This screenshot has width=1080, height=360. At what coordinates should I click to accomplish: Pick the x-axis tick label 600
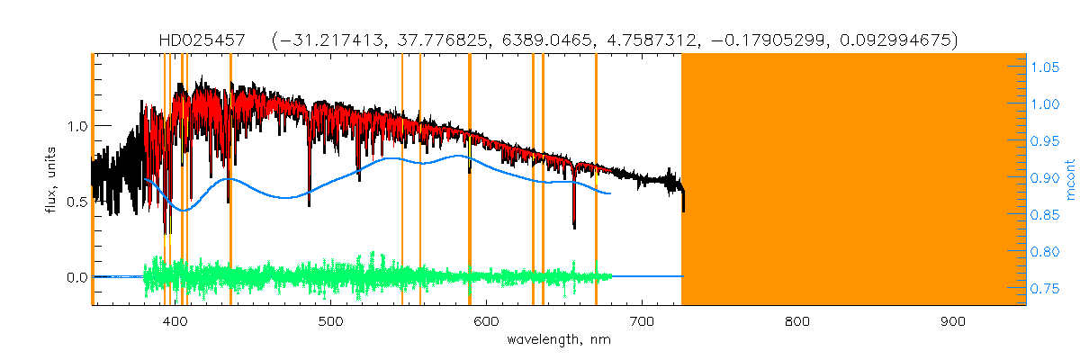tap(486, 321)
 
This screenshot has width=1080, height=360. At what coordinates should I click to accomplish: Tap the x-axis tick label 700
tap(642, 321)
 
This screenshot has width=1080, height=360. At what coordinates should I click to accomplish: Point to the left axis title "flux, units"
tap(51, 180)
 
